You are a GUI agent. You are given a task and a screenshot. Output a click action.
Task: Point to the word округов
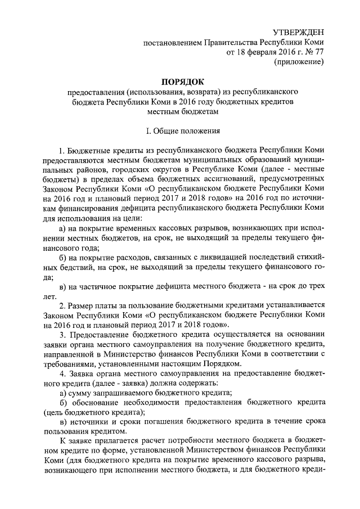click(159, 172)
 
